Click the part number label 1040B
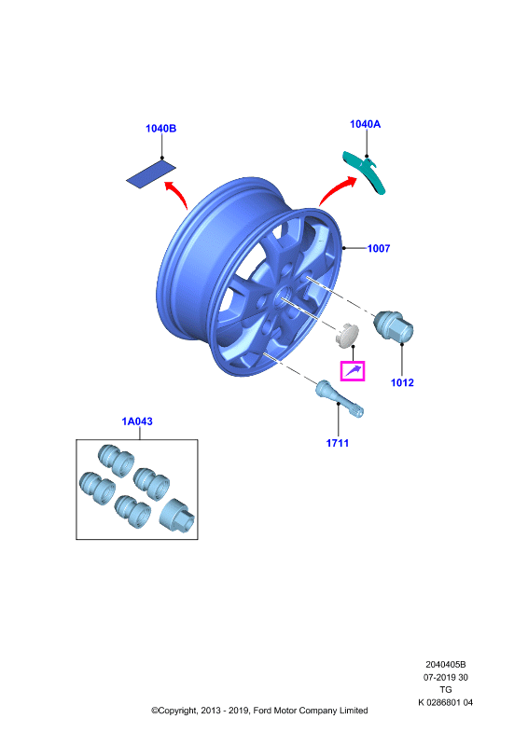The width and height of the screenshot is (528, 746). point(161,129)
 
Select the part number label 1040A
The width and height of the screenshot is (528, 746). point(365,124)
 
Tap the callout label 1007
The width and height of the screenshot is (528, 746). point(379,248)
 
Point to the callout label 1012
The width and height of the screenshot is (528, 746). point(402,382)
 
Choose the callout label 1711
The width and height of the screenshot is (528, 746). point(338,443)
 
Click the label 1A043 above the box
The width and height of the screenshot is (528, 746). point(137,421)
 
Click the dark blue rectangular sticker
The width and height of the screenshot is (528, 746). point(151,173)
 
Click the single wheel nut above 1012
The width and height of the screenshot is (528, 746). point(394,326)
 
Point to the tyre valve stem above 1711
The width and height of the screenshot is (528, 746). point(340,399)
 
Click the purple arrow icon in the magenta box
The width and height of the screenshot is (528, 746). point(353,370)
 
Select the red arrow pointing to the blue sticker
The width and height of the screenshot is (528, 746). point(177,192)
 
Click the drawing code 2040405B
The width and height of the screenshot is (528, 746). point(446,664)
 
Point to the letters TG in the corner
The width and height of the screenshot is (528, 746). point(446,689)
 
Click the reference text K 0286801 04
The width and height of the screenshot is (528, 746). point(446,702)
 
